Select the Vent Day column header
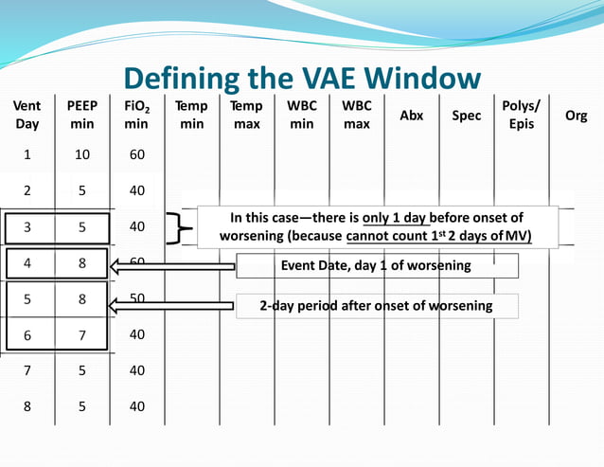pos(27,116)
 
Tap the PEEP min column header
pos(81,116)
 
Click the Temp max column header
pos(247,116)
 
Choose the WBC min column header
pos(302,116)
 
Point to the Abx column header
pos(412,116)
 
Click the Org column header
pos(576,116)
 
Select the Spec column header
pos(466,116)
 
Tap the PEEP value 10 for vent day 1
pos(82,154)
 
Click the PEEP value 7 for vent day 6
pos(82,334)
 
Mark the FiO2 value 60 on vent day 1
pos(137,154)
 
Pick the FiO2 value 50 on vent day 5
pos(137,298)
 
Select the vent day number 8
pos(27,406)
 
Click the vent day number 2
pos(27,190)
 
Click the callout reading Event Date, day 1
pos(377,266)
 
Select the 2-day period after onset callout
pos(377,306)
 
